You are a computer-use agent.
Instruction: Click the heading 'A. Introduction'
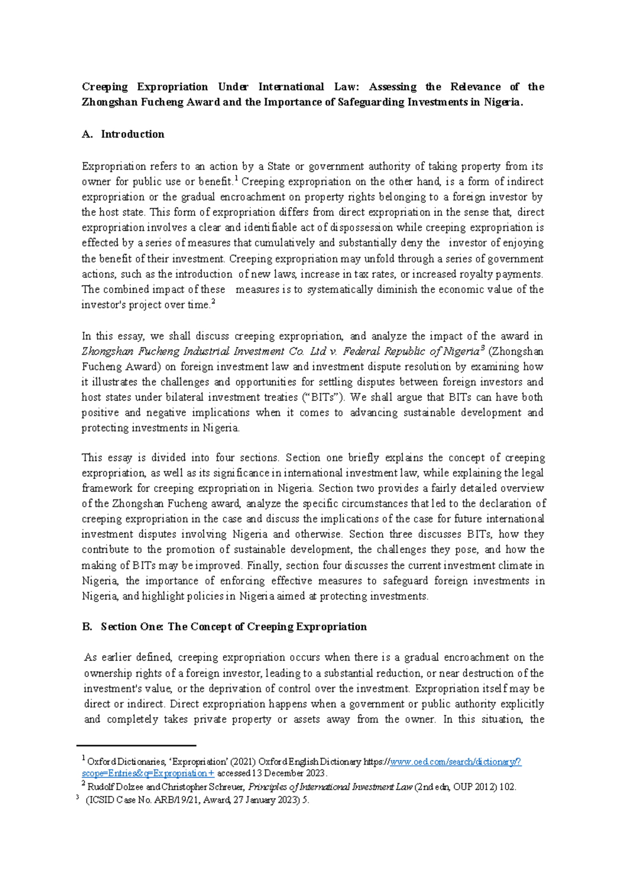click(x=123, y=134)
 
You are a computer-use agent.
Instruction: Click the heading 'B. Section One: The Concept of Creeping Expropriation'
click(x=224, y=627)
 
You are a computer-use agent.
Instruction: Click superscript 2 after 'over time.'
click(x=213, y=303)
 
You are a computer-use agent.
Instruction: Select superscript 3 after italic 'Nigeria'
click(x=482, y=349)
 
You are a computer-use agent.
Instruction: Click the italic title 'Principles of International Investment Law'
click(x=330, y=787)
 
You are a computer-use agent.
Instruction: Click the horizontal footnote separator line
click(x=136, y=745)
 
